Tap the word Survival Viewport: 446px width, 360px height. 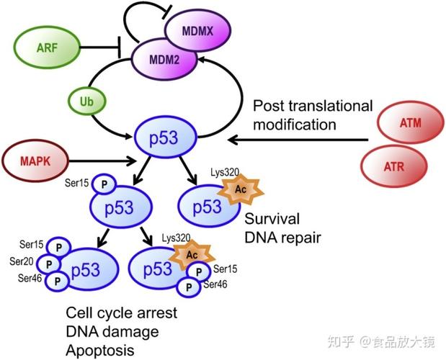(x=272, y=218)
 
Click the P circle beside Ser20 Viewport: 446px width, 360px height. (x=48, y=264)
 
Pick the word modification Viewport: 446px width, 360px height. (x=295, y=124)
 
